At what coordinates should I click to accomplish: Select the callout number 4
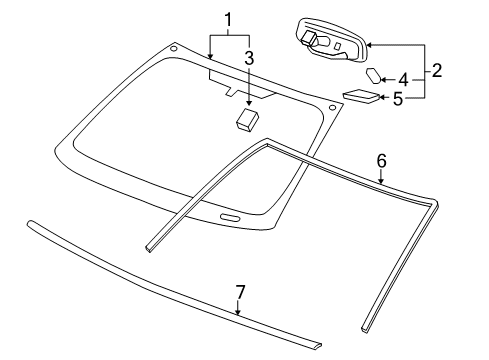coord(403,79)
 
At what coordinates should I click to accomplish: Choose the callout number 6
coord(380,159)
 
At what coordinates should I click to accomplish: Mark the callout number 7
coord(239,291)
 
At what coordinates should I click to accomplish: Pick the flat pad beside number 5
coord(360,96)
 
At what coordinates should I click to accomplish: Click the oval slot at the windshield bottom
coord(228,219)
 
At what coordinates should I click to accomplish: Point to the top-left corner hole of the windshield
coord(174,47)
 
